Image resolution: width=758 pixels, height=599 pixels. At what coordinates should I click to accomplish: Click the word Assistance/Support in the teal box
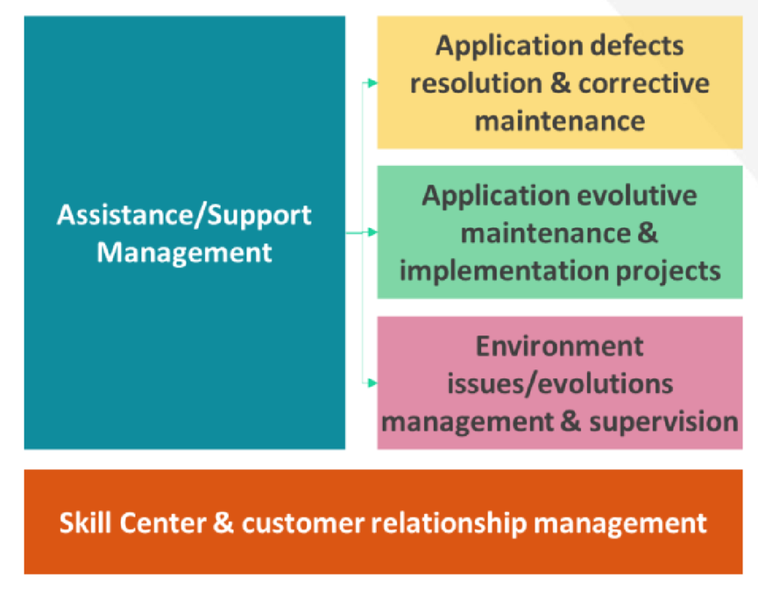[x=184, y=215]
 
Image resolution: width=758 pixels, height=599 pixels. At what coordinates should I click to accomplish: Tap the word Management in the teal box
[x=184, y=252]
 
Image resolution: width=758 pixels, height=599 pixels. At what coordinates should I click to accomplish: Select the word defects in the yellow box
[x=637, y=45]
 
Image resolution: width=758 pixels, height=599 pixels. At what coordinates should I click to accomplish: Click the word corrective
[x=644, y=83]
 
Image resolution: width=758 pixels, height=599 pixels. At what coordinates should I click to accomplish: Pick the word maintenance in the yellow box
[x=560, y=121]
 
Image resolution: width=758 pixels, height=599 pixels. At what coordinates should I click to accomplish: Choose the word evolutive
[x=637, y=195]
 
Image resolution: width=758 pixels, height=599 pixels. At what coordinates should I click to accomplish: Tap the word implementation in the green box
[x=503, y=271]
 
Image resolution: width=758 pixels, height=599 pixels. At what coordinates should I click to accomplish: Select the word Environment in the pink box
[x=560, y=347]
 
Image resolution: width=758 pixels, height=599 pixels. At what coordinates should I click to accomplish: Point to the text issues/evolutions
[x=560, y=384]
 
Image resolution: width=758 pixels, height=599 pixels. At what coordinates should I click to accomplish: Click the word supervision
[x=663, y=422]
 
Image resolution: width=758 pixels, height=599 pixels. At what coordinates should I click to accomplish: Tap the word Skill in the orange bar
[x=84, y=523]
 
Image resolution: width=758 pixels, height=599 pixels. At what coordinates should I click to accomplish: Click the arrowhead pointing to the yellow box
[x=372, y=83]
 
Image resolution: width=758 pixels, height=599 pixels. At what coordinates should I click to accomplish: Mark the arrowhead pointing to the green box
[x=372, y=232]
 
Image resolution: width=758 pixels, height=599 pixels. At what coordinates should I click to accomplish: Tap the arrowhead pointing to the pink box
[x=372, y=384]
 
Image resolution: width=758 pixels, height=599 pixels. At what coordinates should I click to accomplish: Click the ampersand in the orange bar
[x=223, y=523]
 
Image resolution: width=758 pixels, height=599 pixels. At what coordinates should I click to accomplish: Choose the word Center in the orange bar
[x=163, y=523]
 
